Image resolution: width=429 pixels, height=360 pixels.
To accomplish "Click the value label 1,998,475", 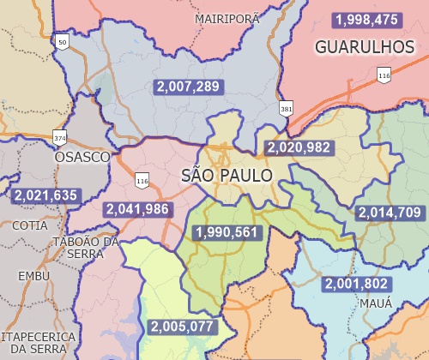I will [x=367, y=19].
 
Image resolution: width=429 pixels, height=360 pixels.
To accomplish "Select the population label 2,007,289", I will [x=188, y=86].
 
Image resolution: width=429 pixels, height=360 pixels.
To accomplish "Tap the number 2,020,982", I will [x=298, y=147].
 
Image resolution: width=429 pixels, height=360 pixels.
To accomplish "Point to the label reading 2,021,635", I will [x=46, y=195].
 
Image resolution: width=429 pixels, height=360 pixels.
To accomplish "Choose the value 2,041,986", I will [x=137, y=209].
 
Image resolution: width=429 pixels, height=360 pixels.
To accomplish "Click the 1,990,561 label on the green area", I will [x=227, y=232].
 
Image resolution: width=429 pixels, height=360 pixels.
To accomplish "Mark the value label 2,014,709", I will [x=389, y=213].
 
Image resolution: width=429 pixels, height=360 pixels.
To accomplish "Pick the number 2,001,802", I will [x=356, y=284].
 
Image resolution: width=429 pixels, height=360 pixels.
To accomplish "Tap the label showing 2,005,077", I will [x=182, y=326].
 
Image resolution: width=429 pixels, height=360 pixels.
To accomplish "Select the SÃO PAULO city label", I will [x=227, y=176].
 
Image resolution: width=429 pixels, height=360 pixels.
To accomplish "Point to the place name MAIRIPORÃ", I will [x=227, y=18].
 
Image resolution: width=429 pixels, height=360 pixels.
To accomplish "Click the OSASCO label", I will [x=82, y=158].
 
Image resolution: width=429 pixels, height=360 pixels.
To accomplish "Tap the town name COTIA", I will [x=30, y=225].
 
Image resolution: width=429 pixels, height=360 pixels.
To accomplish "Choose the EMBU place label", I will [x=34, y=276].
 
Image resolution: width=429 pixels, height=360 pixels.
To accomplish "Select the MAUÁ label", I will [x=376, y=303].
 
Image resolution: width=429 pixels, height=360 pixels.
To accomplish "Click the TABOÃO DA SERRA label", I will [x=86, y=248].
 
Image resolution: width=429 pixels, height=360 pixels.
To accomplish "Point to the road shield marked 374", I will [x=59, y=137].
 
